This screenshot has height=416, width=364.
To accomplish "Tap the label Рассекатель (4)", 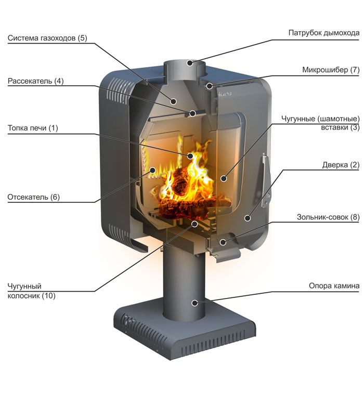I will [x=35, y=81].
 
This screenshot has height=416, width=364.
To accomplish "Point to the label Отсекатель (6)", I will [x=34, y=197].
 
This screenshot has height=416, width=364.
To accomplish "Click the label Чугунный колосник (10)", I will [x=32, y=291].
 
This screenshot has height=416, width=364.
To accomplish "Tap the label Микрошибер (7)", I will [x=331, y=69].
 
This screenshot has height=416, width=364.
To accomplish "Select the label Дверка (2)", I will [x=341, y=165].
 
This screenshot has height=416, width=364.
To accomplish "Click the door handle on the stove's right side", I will [x=266, y=177].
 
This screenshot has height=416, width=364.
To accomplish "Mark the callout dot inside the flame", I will [x=190, y=155].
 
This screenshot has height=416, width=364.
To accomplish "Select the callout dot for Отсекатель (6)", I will [x=152, y=170].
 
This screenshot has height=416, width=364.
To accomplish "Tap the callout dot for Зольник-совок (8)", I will [x=223, y=242].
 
